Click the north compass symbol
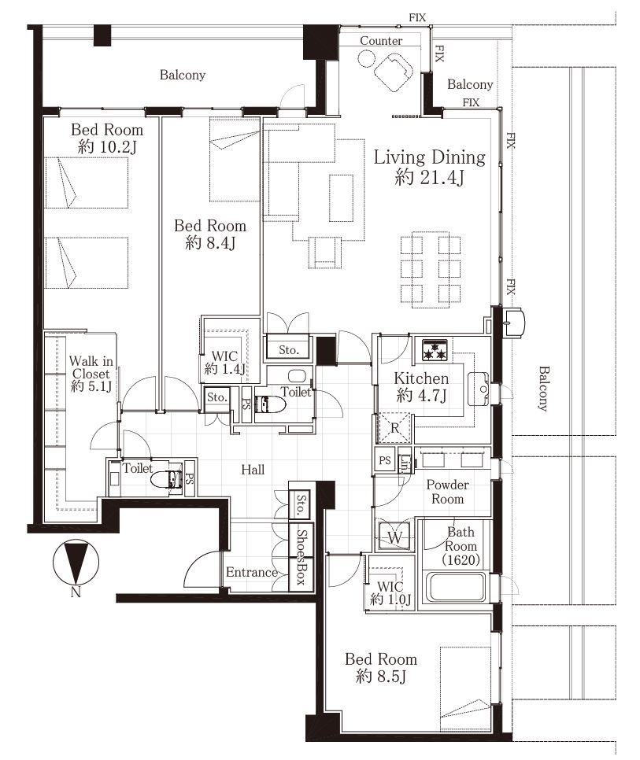click(76, 563)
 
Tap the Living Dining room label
click(430, 168)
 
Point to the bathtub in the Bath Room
click(455, 588)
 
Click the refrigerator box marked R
click(394, 428)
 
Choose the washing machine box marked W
click(394, 537)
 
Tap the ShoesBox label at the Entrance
click(302, 556)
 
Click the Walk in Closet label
click(91, 374)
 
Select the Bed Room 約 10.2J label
click(107, 138)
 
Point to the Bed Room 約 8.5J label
click(381, 667)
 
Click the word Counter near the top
click(381, 41)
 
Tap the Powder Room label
click(447, 492)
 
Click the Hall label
click(253, 469)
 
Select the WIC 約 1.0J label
click(390, 592)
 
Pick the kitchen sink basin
click(478, 389)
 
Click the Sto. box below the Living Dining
click(288, 349)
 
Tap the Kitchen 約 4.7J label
click(421, 386)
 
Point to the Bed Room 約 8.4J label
click(210, 234)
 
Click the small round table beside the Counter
click(367, 59)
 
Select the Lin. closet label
click(405, 464)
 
